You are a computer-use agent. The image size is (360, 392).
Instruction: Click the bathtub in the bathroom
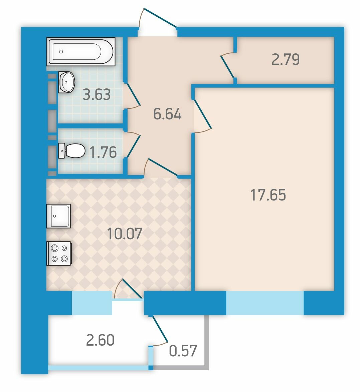(x=81, y=51)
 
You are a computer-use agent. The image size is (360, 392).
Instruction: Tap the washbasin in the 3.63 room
(x=67, y=82)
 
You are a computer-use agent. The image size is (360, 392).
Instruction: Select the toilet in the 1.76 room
(x=72, y=151)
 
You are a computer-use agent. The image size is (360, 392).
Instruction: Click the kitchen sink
(x=58, y=216)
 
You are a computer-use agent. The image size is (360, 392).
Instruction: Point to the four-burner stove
(x=59, y=253)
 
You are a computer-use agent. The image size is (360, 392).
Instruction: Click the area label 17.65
(x=268, y=195)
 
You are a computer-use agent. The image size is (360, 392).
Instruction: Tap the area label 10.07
(x=124, y=234)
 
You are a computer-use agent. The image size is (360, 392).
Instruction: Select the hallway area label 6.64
(x=167, y=114)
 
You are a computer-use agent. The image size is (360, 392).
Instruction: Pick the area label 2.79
(x=286, y=59)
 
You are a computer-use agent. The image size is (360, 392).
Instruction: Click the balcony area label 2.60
(x=100, y=340)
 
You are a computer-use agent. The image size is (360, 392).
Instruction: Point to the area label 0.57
(x=183, y=351)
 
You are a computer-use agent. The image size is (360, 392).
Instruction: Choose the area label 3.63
(x=97, y=95)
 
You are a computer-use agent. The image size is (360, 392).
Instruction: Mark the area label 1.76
(x=103, y=152)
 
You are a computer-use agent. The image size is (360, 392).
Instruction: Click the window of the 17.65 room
(x=265, y=303)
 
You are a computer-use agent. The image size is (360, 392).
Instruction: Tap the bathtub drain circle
(x=61, y=52)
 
